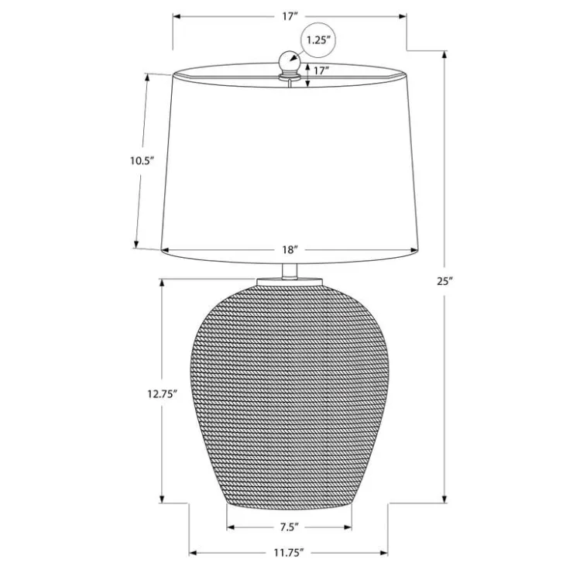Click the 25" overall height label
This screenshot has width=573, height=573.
pyautogui.click(x=444, y=281)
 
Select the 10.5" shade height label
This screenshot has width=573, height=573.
pyautogui.click(x=142, y=161)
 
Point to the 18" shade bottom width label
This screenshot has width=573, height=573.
pyautogui.click(x=290, y=249)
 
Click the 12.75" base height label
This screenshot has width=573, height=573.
pyautogui.click(x=163, y=394)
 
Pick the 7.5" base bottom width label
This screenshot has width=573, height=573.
pyautogui.click(x=290, y=527)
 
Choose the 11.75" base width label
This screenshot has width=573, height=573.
pyautogui.click(x=289, y=553)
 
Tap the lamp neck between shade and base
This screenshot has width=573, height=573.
pyautogui.click(x=290, y=271)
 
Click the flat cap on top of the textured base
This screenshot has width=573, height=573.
pyautogui.click(x=290, y=282)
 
